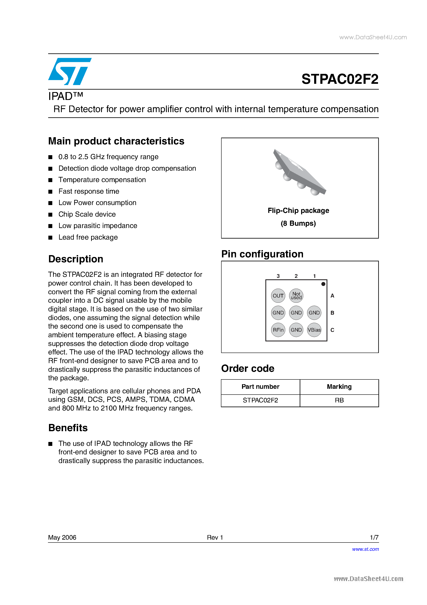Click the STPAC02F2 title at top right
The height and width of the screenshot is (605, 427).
[340, 79]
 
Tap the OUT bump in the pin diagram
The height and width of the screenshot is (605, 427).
[278, 296]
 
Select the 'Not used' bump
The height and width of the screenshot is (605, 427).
[296, 296]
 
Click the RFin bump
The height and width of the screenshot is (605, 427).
[278, 330]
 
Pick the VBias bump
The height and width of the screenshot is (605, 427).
[314, 330]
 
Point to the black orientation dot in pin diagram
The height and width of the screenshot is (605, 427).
[323, 284]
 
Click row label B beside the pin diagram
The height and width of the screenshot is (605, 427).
[332, 313]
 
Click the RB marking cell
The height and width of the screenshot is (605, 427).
[339, 400]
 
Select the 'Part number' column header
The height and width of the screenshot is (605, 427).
[260, 387]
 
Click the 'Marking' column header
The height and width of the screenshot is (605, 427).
[339, 387]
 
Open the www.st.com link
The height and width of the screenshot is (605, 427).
[365, 549]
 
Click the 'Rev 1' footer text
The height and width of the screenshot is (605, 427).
[215, 537]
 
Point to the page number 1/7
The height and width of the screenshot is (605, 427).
[374, 537]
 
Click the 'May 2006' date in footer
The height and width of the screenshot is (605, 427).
[62, 537]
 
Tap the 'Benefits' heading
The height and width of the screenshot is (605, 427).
[68, 428]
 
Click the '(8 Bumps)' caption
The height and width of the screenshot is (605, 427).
[298, 223]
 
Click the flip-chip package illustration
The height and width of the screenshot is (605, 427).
[300, 173]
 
